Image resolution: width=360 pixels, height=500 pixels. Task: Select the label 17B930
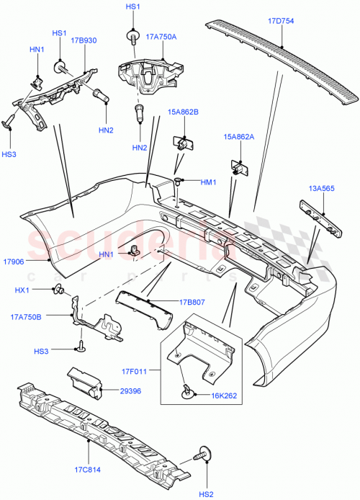[x=84, y=42]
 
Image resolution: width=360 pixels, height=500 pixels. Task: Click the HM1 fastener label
[x=208, y=182]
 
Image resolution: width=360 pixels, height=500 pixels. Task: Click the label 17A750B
[x=27, y=316]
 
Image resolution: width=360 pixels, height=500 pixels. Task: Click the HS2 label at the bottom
[x=206, y=493]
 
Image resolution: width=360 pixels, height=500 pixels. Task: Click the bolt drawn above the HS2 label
[x=204, y=456]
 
